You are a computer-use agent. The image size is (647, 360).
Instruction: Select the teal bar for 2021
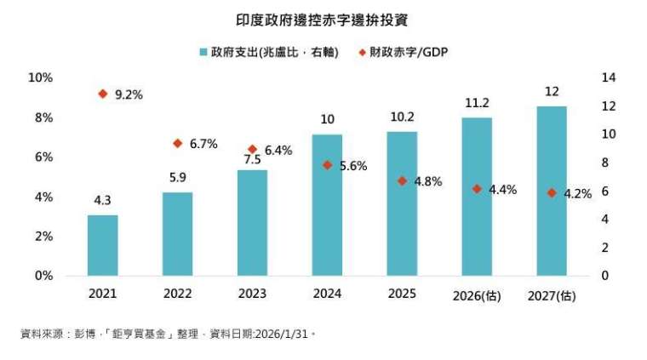pyautogui.click(x=103, y=245)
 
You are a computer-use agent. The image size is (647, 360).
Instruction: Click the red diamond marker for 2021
pyautogui.click(x=103, y=94)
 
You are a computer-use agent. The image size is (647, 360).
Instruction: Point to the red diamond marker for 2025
pyautogui.click(x=402, y=180)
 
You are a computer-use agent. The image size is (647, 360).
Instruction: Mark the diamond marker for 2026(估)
pyautogui.click(x=477, y=189)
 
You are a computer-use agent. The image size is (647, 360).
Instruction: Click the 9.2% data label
pyautogui.click(x=128, y=95)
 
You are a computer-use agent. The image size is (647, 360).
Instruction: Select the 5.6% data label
pyautogui.click(x=352, y=166)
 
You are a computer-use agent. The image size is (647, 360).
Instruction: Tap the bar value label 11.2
pyautogui.click(x=477, y=103)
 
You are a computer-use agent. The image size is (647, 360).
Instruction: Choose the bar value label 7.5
pyautogui.click(x=252, y=158)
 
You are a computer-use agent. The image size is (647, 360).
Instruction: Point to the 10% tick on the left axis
pyautogui.click(x=40, y=77)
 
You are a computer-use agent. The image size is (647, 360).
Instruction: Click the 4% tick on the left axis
pyautogui.click(x=43, y=197)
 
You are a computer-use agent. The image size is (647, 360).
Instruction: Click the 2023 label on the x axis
pyautogui.click(x=252, y=294)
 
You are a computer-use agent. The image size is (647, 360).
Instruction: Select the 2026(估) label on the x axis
pyautogui.click(x=477, y=294)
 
